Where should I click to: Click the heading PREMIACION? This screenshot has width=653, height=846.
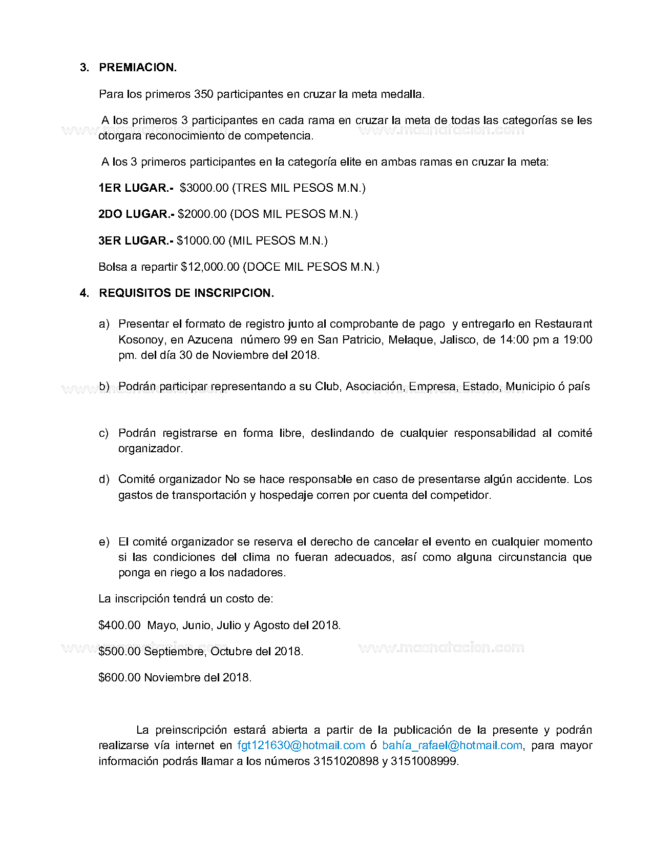138,68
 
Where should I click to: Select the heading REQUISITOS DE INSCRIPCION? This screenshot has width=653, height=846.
186,293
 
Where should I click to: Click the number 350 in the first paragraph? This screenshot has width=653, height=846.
203,94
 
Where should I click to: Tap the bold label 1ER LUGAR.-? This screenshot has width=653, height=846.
136,188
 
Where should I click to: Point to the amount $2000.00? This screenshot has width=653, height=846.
202,214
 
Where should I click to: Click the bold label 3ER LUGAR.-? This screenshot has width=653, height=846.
136,241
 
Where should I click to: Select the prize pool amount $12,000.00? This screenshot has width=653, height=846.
210,267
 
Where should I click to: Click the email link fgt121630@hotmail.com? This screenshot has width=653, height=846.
301,746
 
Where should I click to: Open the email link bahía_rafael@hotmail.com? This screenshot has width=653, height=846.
452,746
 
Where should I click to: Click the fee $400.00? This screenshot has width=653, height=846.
119,626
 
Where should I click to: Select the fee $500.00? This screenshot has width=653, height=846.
119,652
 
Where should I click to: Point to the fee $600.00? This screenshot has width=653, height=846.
119,678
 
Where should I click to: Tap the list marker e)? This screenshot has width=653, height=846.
104,542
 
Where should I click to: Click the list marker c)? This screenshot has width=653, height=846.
104,433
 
